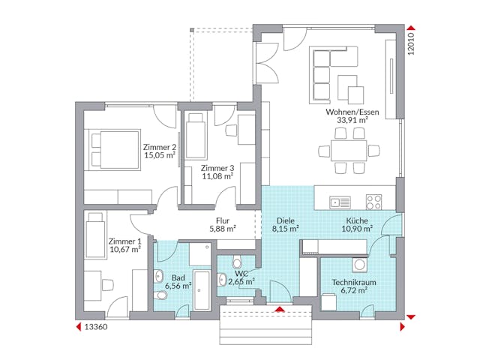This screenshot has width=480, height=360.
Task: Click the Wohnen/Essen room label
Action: [352, 112]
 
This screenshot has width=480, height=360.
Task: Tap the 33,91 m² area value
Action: [352, 121]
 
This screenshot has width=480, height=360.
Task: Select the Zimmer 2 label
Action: [158, 147]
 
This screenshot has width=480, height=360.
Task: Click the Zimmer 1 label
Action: [124, 241]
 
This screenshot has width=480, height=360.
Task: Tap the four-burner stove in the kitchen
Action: [373, 201]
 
